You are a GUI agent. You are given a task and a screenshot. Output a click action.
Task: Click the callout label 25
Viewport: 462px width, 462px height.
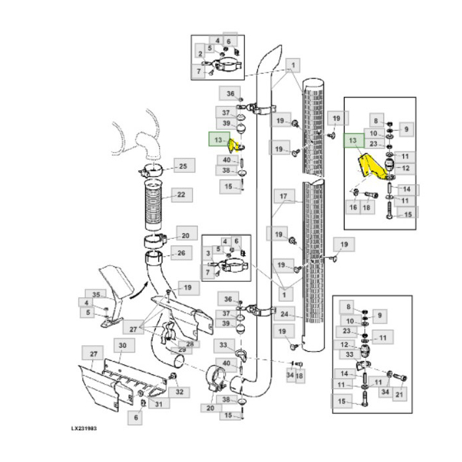(x=183, y=166)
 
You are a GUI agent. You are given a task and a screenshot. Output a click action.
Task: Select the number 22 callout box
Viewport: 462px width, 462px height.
(x=180, y=195)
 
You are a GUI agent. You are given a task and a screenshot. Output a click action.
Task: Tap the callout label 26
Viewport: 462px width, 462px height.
(x=181, y=252)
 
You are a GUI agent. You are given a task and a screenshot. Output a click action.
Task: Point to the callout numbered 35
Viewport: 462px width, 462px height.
(x=96, y=294)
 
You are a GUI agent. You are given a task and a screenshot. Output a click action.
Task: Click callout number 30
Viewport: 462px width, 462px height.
(x=122, y=345)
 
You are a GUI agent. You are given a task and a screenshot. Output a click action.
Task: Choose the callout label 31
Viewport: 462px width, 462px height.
(x=158, y=404)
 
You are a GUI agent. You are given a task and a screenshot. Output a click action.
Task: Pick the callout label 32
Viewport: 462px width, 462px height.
(x=179, y=392)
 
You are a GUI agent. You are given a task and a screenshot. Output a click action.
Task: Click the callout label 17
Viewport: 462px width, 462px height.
(x=283, y=196)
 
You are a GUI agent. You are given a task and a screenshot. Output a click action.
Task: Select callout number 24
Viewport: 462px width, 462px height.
(x=284, y=314)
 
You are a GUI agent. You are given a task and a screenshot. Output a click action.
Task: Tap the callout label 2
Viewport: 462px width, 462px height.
(x=199, y=53)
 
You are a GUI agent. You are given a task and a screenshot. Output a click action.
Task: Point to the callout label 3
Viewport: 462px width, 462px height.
(x=207, y=253)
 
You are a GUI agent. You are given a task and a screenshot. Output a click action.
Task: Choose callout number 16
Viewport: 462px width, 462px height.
(x=353, y=207)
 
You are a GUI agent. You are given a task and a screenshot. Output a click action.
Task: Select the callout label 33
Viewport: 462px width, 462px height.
(x=224, y=345)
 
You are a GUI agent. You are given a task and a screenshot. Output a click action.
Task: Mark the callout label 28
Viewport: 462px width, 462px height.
(x=190, y=343)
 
